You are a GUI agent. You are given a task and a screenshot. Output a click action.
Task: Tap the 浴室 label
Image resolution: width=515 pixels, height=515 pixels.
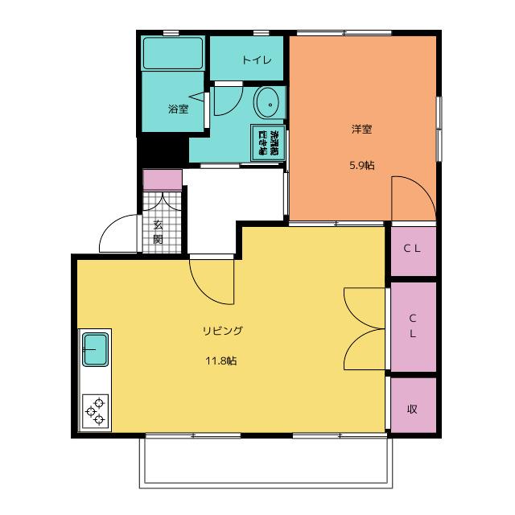point(178,109)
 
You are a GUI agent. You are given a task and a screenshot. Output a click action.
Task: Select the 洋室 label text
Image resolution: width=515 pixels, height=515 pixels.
point(361,129)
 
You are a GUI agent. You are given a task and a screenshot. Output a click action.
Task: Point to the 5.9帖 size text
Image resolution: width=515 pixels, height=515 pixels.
point(361,166)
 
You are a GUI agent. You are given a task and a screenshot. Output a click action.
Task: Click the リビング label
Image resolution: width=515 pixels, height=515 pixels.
point(223,330)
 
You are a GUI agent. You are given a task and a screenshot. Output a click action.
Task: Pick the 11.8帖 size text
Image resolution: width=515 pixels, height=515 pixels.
point(220,360)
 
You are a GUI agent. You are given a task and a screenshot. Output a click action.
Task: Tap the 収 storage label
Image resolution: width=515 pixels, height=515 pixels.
point(412,409)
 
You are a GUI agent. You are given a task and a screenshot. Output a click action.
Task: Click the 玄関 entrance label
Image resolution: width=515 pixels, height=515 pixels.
point(158,232)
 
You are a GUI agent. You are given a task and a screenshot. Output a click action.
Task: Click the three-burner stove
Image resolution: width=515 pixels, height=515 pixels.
point(96,410)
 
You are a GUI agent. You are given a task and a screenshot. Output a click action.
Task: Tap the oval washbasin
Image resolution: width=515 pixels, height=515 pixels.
point(267,104)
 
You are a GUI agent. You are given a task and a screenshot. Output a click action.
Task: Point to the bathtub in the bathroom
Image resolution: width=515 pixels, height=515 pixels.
point(173,55)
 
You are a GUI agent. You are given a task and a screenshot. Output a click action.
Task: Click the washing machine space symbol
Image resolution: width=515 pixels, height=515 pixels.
point(268,143)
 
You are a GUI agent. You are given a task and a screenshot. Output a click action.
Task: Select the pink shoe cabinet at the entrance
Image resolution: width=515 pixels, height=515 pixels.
point(162,179)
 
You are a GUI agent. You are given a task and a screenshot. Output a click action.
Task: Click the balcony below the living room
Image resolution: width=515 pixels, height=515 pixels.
point(266,462)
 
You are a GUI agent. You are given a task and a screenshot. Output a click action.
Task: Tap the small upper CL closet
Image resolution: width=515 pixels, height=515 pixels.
point(412,249)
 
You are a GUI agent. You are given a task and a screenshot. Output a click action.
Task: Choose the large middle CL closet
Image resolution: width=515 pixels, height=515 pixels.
point(412,326)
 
